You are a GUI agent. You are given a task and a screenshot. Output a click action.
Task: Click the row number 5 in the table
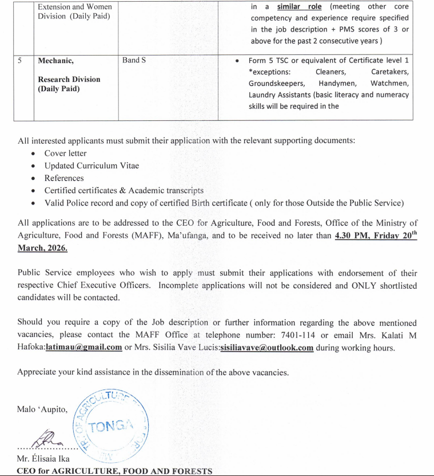pyautogui.click(x=19, y=60)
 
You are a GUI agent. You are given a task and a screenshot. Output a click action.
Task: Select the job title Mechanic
pyautogui.click(x=56, y=60)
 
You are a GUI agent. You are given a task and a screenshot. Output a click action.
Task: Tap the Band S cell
pyautogui.click(x=134, y=60)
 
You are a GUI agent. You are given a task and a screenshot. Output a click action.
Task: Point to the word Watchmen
pyautogui.click(x=389, y=83)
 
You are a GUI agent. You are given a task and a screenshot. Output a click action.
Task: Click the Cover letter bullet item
pyautogui.click(x=65, y=154)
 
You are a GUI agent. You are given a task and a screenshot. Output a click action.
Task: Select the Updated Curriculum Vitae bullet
pyautogui.click(x=91, y=166)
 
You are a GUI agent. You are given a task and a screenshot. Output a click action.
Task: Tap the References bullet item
pyautogui.click(x=64, y=178)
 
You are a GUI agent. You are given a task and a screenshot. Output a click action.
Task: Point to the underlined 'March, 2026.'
pyautogui.click(x=42, y=247)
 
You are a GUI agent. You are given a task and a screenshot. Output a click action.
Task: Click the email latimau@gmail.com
pyautogui.click(x=84, y=347)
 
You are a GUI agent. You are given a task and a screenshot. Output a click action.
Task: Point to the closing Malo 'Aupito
pyautogui.click(x=42, y=408)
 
